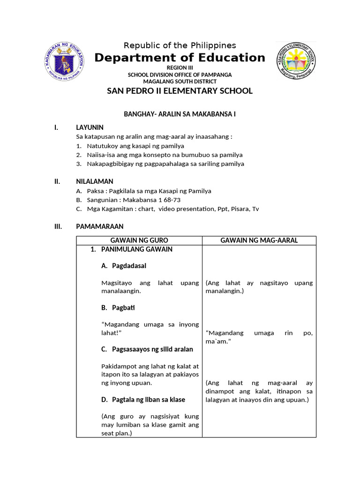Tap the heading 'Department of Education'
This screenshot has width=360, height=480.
180,58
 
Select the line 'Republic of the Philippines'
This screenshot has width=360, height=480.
180,45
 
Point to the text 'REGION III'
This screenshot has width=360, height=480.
180,68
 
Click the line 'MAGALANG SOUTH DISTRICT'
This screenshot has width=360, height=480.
180,81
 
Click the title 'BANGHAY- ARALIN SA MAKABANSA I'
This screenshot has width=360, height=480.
180,114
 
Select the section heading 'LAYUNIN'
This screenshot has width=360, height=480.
90,127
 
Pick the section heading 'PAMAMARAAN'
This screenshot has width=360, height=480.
99,226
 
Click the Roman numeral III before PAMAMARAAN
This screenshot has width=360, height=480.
58,226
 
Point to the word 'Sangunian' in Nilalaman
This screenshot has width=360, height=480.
102,200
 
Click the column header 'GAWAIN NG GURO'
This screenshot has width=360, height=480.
139,240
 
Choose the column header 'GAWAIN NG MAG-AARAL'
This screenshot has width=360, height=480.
259,240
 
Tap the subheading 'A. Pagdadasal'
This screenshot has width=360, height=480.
124,266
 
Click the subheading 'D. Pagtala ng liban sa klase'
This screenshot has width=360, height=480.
143,399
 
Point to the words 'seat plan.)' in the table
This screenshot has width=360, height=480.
117,433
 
